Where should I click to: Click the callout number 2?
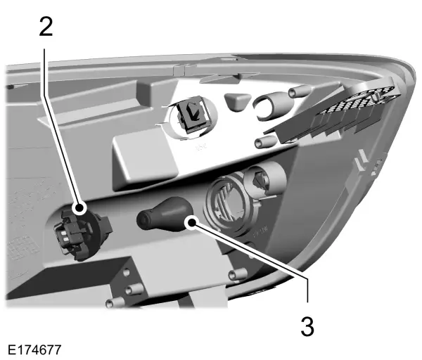[x=46, y=26]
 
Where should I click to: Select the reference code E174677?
[x=34, y=350]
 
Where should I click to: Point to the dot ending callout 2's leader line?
[x=80, y=209]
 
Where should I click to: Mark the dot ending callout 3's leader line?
[x=192, y=223]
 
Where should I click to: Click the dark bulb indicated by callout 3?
[x=164, y=214]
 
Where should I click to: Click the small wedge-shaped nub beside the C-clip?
[x=238, y=100]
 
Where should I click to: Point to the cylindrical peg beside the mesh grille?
[x=300, y=91]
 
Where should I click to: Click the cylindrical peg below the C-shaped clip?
[x=266, y=141]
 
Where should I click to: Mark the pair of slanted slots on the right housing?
[x=362, y=160]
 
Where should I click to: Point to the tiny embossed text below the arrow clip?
[x=202, y=147]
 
